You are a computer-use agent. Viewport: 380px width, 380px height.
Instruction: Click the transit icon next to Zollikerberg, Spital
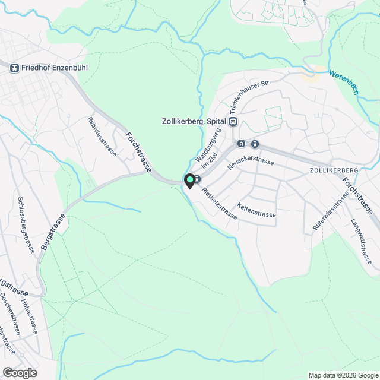pyautogui.click(x=233, y=121)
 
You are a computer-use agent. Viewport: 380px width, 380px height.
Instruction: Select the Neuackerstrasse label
pyautogui.click(x=249, y=161)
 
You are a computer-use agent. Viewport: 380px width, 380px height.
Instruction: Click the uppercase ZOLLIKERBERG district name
pyautogui.click(x=334, y=170)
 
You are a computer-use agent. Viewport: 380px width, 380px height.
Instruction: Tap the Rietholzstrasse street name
pyautogui.click(x=219, y=204)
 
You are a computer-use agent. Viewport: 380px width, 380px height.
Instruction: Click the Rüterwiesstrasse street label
pyautogui.click(x=330, y=211)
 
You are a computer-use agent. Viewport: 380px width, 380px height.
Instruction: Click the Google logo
pyautogui.click(x=20, y=372)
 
